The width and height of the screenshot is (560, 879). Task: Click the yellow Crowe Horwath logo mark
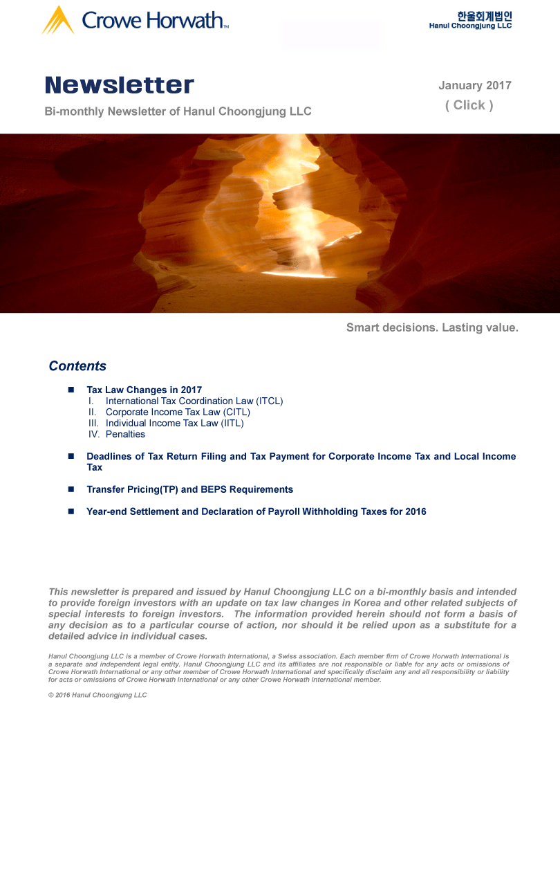[58, 20]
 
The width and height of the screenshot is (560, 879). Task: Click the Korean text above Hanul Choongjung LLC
[484, 15]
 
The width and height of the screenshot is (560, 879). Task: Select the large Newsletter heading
[120, 86]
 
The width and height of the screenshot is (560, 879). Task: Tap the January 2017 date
[475, 86]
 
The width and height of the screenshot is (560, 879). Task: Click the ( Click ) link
[469, 105]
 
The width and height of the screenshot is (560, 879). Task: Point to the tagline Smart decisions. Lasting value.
[432, 327]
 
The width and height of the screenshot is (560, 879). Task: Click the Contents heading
[77, 366]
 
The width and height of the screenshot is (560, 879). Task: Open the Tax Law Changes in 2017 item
[144, 390]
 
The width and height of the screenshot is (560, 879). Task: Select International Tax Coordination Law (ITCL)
[194, 401]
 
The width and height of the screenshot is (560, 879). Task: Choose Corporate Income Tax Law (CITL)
[178, 412]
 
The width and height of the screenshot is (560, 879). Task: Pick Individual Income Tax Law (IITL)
[174, 423]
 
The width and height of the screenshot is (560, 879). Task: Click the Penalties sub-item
[125, 434]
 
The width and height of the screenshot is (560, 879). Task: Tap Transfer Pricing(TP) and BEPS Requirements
[189, 489]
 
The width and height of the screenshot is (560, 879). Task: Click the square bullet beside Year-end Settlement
[71, 511]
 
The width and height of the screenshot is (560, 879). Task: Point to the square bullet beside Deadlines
[71, 456]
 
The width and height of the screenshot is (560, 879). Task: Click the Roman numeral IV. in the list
[94, 434]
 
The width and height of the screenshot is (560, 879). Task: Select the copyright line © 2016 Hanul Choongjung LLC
[97, 695]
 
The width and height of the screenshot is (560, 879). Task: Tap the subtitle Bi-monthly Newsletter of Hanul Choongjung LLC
[178, 111]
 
